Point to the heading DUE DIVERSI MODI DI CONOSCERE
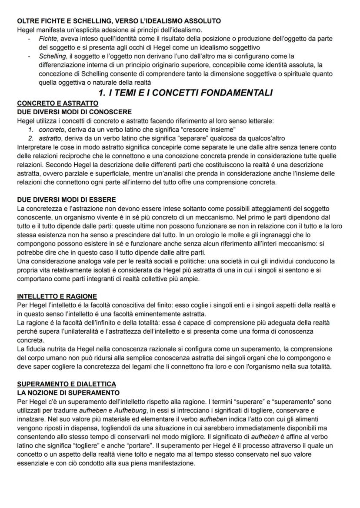click(x=74, y=112)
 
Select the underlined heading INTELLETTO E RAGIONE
click(x=57, y=296)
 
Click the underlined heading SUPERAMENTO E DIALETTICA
click(x=67, y=385)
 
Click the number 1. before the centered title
click(x=103, y=93)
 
